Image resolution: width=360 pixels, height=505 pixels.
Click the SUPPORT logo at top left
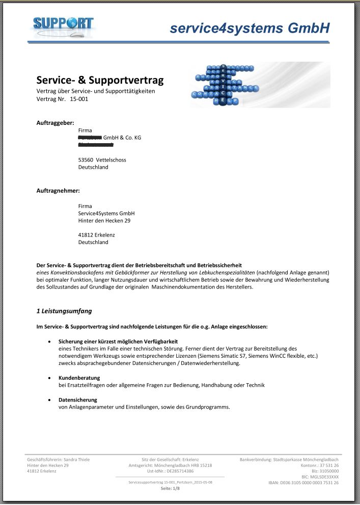[x=63, y=24]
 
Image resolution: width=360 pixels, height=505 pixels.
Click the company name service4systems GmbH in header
[x=250, y=29]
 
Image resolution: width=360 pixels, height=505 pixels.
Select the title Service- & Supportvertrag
[x=100, y=80]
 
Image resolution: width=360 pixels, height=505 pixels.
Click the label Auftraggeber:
[x=56, y=123]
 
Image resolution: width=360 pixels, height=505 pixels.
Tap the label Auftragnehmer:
[x=58, y=191]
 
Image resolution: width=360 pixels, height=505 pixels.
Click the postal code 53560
[x=86, y=160]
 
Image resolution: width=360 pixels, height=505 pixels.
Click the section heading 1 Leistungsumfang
[x=64, y=310]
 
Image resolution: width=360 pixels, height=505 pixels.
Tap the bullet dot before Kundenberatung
[x=49, y=378]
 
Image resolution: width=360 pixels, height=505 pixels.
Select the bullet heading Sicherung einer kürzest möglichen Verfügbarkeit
[x=118, y=341]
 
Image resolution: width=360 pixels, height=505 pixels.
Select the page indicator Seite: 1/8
[x=171, y=488]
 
